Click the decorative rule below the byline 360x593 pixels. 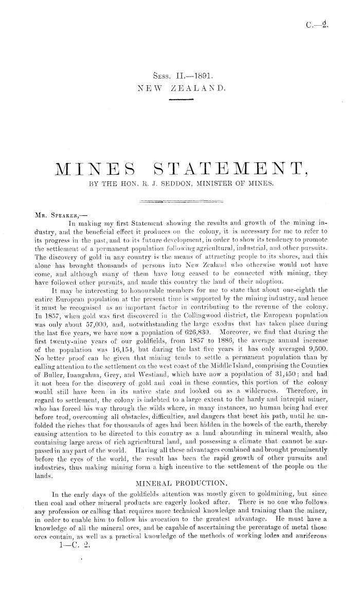179,201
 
